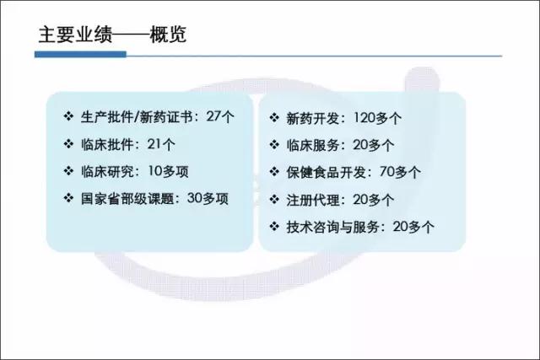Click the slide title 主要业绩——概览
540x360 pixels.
112,35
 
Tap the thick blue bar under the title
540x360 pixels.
80,54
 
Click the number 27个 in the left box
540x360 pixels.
220,116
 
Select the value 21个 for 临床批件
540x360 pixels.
161,144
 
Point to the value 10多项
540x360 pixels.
169,171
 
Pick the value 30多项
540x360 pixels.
208,198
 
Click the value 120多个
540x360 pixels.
377,118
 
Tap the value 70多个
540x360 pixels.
400,172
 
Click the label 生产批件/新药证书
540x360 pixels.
137,117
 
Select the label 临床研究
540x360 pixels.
107,171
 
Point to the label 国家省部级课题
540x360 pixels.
127,198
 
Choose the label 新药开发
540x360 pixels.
313,118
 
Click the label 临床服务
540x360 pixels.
313,145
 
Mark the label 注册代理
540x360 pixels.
313,200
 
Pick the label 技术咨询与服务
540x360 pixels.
333,227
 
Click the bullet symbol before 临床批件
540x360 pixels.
68,143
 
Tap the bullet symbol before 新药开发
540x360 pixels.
274,118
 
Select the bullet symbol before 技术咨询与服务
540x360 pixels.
274,226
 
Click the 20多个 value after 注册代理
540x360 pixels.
374,200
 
